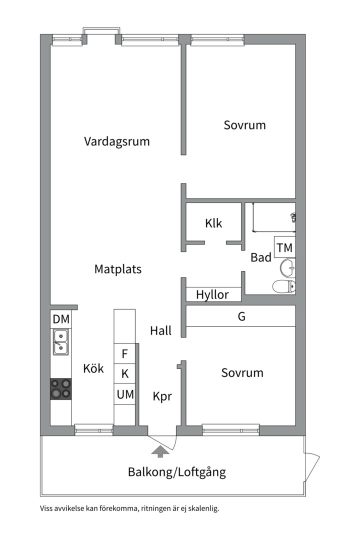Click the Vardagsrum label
[117, 141]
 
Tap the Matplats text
[118, 269]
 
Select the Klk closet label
[213, 223]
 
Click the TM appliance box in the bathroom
[285, 247]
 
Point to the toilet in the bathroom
[284, 286]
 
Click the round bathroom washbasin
[287, 268]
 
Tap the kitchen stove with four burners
[61, 389]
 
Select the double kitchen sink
[60, 342]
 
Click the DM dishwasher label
[61, 319]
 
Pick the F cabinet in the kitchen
[124, 353]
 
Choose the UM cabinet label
[125, 394]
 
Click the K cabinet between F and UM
[124, 373]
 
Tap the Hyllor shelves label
[212, 295]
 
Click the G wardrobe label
[241, 316]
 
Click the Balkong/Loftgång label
[177, 472]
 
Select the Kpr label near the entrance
[162, 396]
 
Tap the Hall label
[161, 330]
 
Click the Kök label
[93, 368]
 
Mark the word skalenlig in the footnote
[203, 508]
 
